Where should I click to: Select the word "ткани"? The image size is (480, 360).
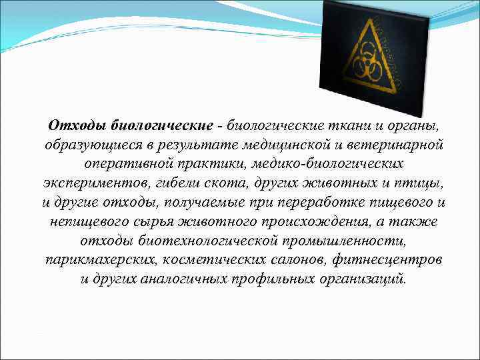[x=354, y=125]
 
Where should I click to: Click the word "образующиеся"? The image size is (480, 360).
[x=84, y=145]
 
